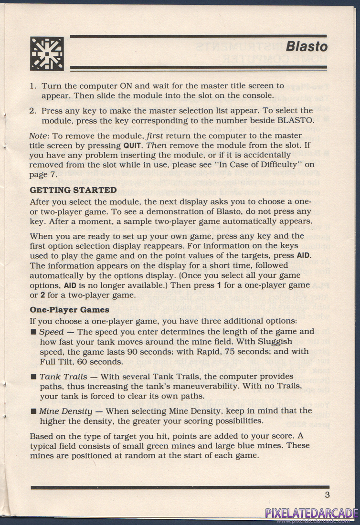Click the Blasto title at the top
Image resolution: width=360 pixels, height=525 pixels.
(x=307, y=47)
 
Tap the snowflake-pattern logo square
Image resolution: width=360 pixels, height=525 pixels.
(x=47, y=54)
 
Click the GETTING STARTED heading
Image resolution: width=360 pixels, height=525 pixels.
(x=73, y=190)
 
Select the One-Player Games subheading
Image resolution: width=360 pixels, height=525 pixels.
(x=69, y=310)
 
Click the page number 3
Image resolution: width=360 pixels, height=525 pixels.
(x=327, y=495)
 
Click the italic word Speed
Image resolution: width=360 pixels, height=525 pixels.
(x=51, y=332)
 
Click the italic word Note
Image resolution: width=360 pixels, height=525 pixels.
(x=38, y=136)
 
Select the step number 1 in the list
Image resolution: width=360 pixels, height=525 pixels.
(x=33, y=86)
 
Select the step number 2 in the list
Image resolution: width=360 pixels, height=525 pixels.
(x=33, y=110)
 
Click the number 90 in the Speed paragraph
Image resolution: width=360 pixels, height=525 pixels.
(x=130, y=352)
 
